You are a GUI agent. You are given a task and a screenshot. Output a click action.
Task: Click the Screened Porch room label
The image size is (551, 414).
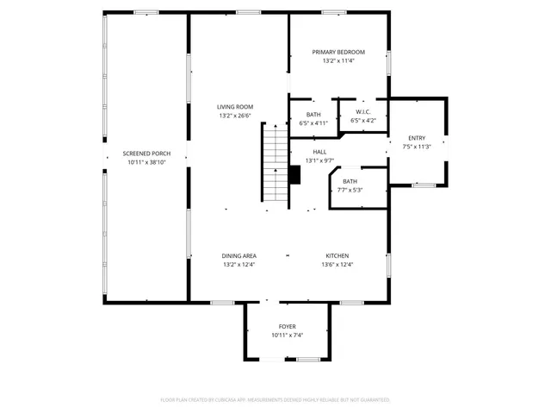pos(145,153)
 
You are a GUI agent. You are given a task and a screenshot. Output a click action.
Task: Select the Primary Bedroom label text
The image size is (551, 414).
pos(338,52)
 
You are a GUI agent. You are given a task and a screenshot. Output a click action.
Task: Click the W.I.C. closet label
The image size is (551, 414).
pos(362,112)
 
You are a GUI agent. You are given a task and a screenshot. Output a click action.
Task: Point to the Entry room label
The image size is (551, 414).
pos(417,138)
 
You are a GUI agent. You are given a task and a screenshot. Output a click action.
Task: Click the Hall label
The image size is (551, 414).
pos(319,152)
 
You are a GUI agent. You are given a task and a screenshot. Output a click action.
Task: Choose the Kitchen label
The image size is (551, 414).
pos(337,255)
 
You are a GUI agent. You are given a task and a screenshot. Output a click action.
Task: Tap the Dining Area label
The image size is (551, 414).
pos(239,255)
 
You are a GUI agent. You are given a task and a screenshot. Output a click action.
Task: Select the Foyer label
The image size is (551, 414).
pos(287,327)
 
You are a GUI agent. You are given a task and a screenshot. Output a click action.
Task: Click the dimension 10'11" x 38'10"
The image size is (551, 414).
pos(145,161)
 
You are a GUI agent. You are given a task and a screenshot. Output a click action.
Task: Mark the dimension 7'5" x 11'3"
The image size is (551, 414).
pos(417,147)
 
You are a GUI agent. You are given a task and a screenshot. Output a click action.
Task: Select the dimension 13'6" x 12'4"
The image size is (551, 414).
pos(337,264)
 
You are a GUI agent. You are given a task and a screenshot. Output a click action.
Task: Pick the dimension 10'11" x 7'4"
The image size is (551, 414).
pos(287,336)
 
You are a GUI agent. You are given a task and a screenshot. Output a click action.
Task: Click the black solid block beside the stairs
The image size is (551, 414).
pos(295,175)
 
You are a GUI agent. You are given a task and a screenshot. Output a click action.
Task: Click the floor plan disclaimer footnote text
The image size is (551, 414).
pos(275,399)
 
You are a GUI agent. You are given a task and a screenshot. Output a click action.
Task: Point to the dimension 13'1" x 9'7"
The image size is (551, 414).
pos(319,160)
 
